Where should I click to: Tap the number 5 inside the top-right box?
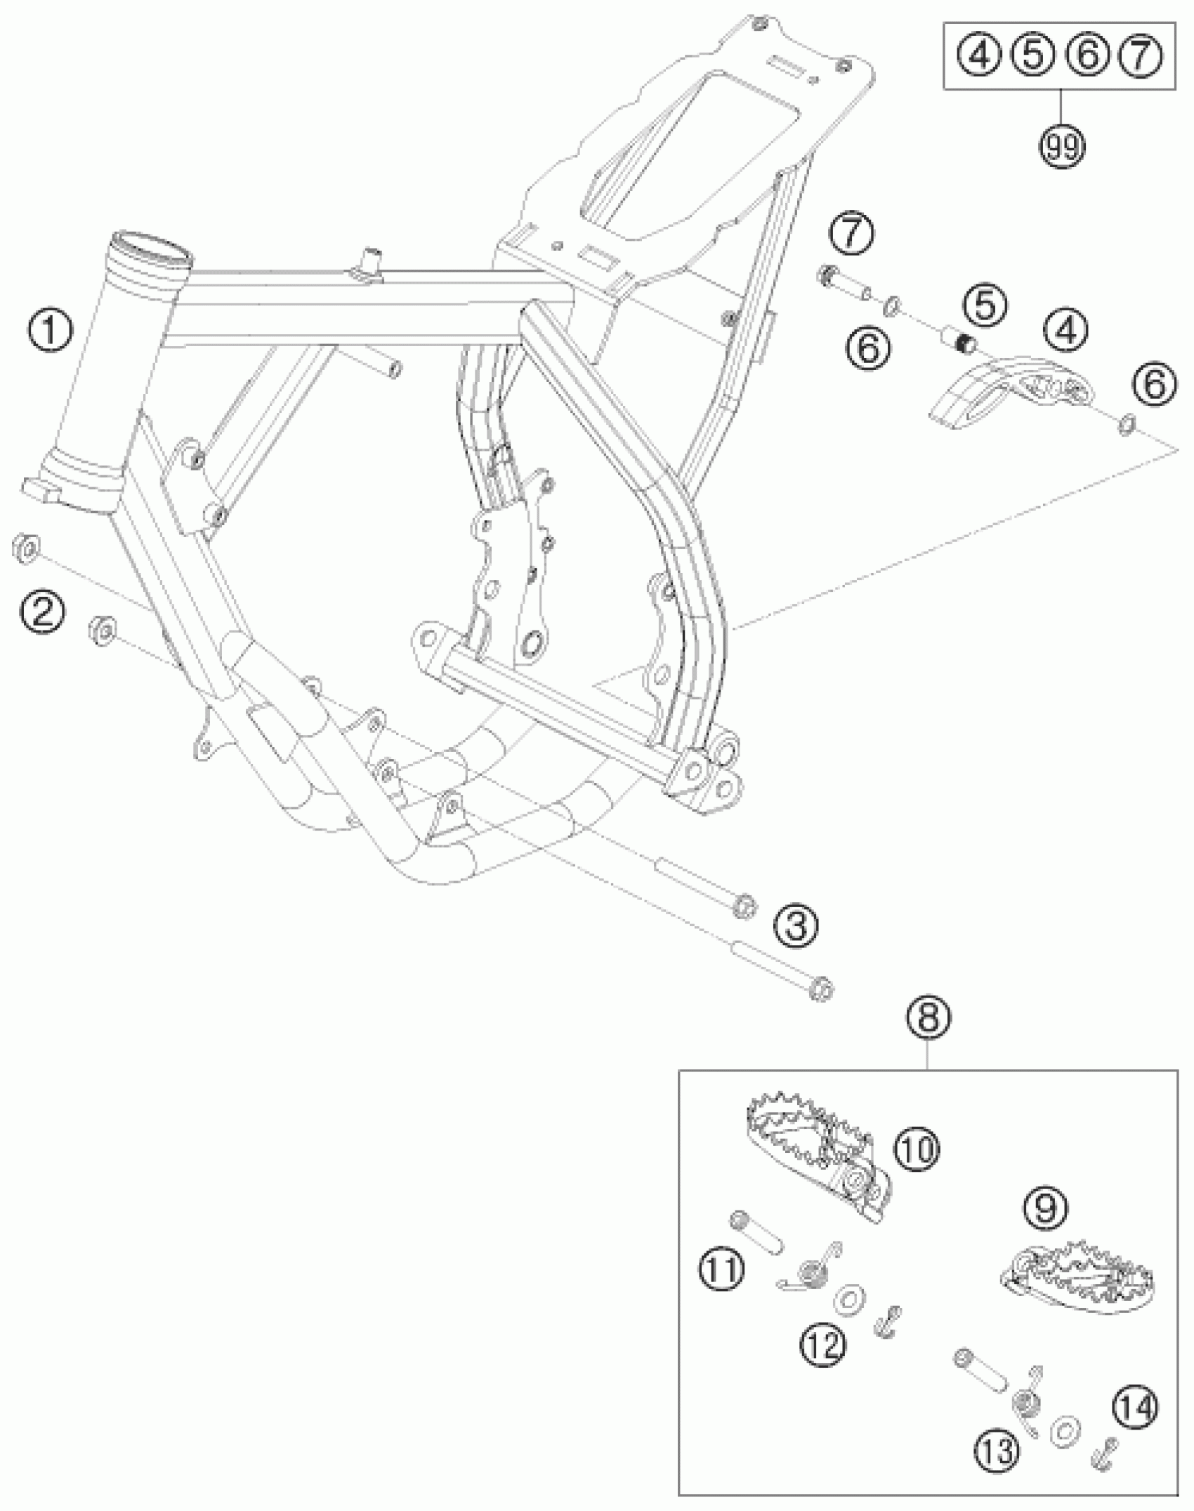coord(1032,55)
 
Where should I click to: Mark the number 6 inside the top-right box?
coord(1086,55)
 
